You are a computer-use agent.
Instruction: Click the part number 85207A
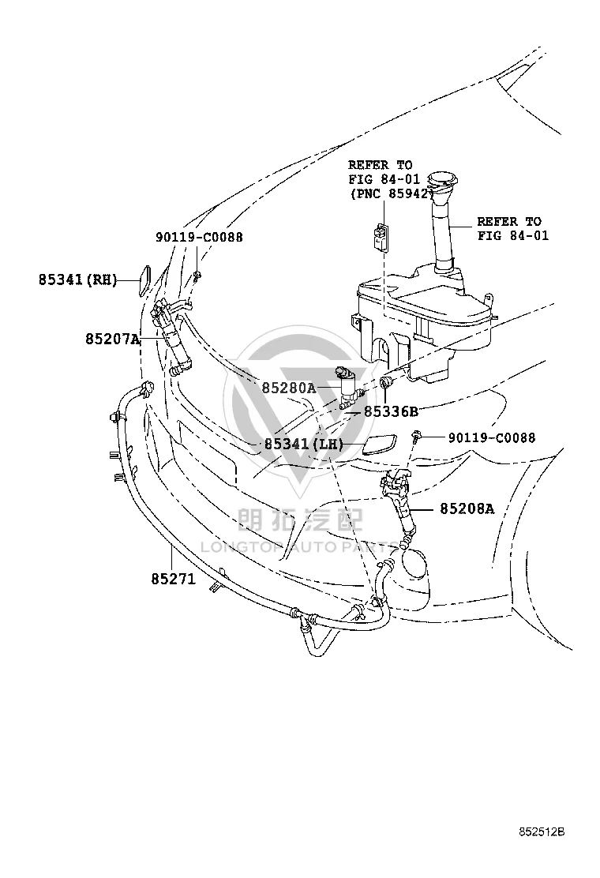(x=112, y=339)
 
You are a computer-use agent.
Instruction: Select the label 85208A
(x=467, y=508)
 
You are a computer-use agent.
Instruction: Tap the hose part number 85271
(x=174, y=579)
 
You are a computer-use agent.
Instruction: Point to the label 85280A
(x=289, y=388)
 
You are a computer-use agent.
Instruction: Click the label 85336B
(x=392, y=411)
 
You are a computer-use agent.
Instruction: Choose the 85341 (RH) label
(x=78, y=279)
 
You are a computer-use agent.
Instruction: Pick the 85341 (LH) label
(x=303, y=444)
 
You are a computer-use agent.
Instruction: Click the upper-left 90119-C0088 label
(x=199, y=237)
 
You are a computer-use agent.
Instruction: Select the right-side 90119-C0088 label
(x=491, y=437)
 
